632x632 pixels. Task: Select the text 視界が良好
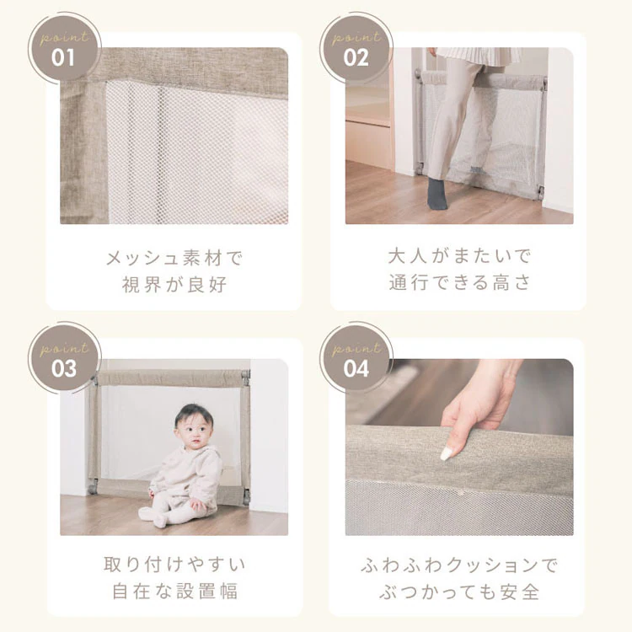(174, 284)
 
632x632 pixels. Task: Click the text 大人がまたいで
(459, 255)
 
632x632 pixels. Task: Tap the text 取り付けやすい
(174, 564)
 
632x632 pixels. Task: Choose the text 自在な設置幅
(174, 591)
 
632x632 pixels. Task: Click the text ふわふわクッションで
(459, 565)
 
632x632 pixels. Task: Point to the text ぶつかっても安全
(459, 592)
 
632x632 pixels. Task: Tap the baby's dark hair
(193, 413)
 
